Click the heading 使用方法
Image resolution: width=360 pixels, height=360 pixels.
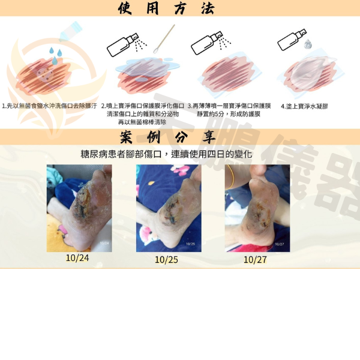click(166, 8)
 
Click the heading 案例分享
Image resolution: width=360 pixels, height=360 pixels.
click(167, 137)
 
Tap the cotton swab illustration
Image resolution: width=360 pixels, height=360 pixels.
click(164, 38)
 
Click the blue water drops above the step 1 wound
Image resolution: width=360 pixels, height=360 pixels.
click(56, 56)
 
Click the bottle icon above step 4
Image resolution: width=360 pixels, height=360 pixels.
click(292, 40)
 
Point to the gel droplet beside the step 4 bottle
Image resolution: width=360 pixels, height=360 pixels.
click(307, 44)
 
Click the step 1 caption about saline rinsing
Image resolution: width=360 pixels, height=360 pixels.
click(50, 106)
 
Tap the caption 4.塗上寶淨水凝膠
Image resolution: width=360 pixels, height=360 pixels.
click(304, 106)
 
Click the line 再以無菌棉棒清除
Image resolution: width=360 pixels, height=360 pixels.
click(142, 122)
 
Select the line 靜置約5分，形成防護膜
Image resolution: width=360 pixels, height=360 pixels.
click(229, 114)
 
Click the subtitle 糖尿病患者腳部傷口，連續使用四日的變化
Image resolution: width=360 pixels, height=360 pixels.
click(166, 154)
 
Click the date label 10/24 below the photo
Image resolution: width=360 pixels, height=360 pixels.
click(77, 258)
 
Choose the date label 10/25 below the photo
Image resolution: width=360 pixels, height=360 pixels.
click(166, 260)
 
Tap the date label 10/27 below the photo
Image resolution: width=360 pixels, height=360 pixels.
click(255, 260)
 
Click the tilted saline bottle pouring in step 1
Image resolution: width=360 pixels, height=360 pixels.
click(71, 32)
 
